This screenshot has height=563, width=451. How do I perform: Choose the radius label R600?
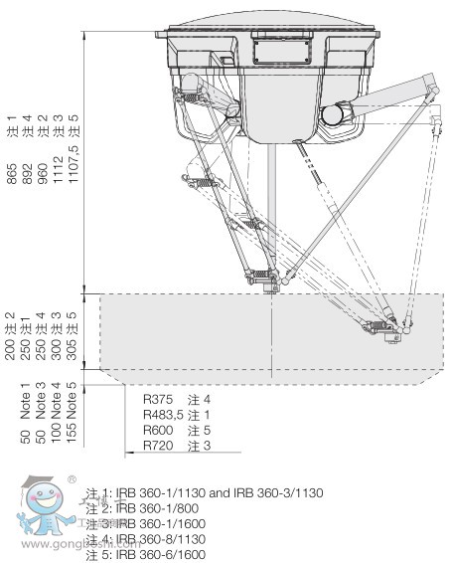[159, 429]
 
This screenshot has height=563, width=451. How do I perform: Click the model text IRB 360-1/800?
[149, 508]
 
